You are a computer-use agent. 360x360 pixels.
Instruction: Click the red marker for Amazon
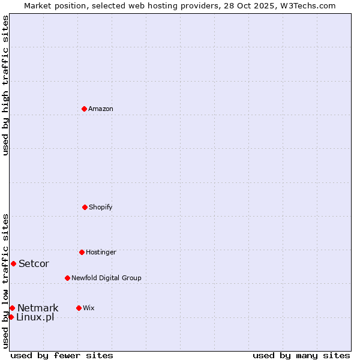(84, 109)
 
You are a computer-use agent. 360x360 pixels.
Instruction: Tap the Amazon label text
(101, 109)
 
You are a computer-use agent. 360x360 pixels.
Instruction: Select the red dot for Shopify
(85, 207)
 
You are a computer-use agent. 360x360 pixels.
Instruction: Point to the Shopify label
(101, 208)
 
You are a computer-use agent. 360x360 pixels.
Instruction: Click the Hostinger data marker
(82, 252)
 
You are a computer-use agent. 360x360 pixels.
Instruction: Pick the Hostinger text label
(101, 253)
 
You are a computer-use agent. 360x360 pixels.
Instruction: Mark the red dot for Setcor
(13, 263)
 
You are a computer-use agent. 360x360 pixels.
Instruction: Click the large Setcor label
(34, 264)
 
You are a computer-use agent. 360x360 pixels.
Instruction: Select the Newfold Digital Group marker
(67, 278)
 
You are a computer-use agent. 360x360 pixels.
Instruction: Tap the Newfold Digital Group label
(106, 278)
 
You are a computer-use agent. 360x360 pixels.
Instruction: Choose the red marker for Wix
(79, 308)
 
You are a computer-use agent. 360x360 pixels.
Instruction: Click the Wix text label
(89, 308)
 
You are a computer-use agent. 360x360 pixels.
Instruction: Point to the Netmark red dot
(12, 308)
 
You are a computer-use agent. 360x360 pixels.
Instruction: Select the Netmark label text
(38, 308)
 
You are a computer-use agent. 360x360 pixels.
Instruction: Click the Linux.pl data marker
(11, 317)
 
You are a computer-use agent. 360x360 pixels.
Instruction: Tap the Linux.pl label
(35, 317)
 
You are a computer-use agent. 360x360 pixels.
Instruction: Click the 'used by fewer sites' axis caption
(62, 355)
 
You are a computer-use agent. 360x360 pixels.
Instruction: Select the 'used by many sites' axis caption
(301, 355)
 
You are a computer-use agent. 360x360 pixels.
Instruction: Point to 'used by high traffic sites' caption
(5, 85)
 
